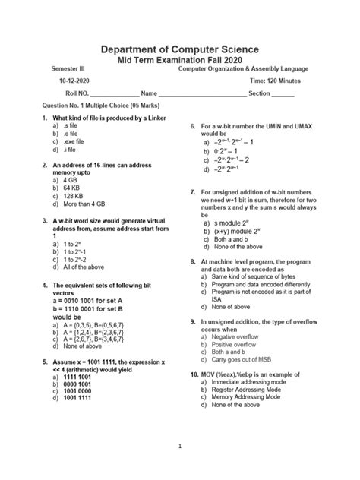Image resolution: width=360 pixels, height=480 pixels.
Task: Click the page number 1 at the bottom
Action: tap(180, 447)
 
